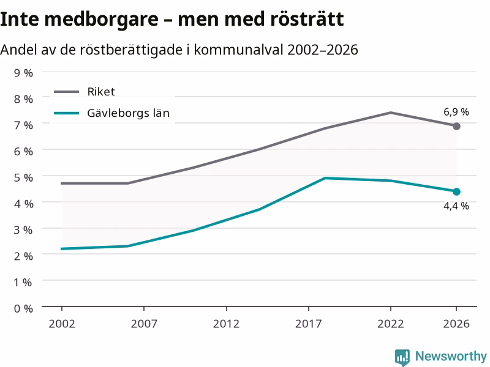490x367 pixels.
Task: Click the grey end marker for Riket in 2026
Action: [456, 127]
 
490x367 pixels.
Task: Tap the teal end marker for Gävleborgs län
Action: [456, 191]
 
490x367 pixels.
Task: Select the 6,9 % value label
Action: [456, 112]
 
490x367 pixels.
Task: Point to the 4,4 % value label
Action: [456, 206]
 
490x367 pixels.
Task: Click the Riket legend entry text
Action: [101, 92]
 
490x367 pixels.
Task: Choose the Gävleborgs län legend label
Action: [128, 113]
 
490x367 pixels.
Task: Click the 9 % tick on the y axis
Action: [23, 73]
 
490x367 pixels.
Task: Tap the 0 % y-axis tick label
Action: [23, 309]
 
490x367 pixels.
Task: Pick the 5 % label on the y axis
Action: [23, 177]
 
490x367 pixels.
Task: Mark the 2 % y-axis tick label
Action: [23, 256]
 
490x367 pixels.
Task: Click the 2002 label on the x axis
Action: [62, 324]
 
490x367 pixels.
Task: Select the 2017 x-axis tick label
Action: [309, 324]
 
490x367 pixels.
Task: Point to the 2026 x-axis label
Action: [456, 324]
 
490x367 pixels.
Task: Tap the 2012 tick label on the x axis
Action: [226, 324]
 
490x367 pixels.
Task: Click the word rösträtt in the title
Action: [307, 19]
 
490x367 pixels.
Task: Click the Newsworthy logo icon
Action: [402, 357]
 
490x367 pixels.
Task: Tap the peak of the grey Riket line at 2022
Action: [391, 113]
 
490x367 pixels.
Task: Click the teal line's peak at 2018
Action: [325, 178]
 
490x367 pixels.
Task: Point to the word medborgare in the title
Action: [101, 20]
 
